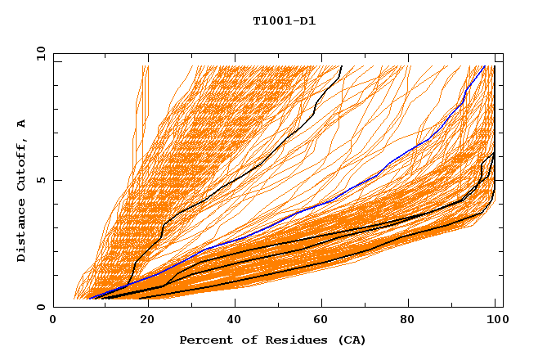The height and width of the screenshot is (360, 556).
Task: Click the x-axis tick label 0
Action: (x=53, y=320)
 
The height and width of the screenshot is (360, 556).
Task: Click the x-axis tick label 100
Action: (x=495, y=320)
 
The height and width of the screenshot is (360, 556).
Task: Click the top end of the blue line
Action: (x=484, y=66)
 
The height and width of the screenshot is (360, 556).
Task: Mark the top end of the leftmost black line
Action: (x=341, y=66)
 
